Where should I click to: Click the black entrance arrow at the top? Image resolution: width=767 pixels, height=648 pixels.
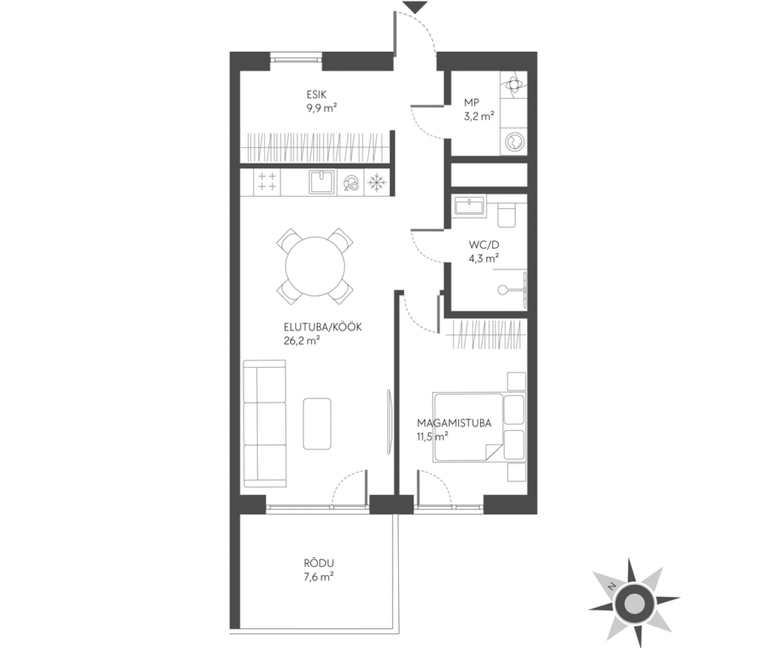pos(417,7)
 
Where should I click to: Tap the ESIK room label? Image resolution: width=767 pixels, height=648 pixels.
pos(316,94)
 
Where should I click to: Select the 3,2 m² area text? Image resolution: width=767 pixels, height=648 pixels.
pos(479,117)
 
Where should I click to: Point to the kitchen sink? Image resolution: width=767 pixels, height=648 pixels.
pos(322,182)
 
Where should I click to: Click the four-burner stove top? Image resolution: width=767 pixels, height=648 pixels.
pos(267,181)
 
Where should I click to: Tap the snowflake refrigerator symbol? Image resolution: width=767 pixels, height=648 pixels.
pos(377,183)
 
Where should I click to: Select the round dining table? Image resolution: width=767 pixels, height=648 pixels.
pos(315,266)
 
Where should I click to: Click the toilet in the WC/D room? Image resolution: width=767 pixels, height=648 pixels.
pos(507,215)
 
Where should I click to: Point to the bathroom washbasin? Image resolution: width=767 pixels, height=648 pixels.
pos(469,206)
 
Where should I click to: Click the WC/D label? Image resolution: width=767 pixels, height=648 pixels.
pos(484,245)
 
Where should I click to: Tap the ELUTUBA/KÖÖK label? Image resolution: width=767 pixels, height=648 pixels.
pos(323,327)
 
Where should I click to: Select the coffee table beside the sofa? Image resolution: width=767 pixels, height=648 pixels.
pos(316,424)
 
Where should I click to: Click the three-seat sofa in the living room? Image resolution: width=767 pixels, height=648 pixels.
pos(264,424)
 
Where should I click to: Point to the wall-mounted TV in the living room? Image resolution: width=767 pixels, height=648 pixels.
pos(389,422)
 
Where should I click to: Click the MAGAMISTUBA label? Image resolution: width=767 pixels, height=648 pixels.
pos(454,423)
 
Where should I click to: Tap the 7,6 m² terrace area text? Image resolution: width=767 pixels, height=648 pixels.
pos(319,577)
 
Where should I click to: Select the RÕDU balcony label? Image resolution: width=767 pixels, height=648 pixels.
pos(319,563)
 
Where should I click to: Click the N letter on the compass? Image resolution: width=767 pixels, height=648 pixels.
pos(611,586)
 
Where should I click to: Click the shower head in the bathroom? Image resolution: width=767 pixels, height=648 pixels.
pos(503,290)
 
